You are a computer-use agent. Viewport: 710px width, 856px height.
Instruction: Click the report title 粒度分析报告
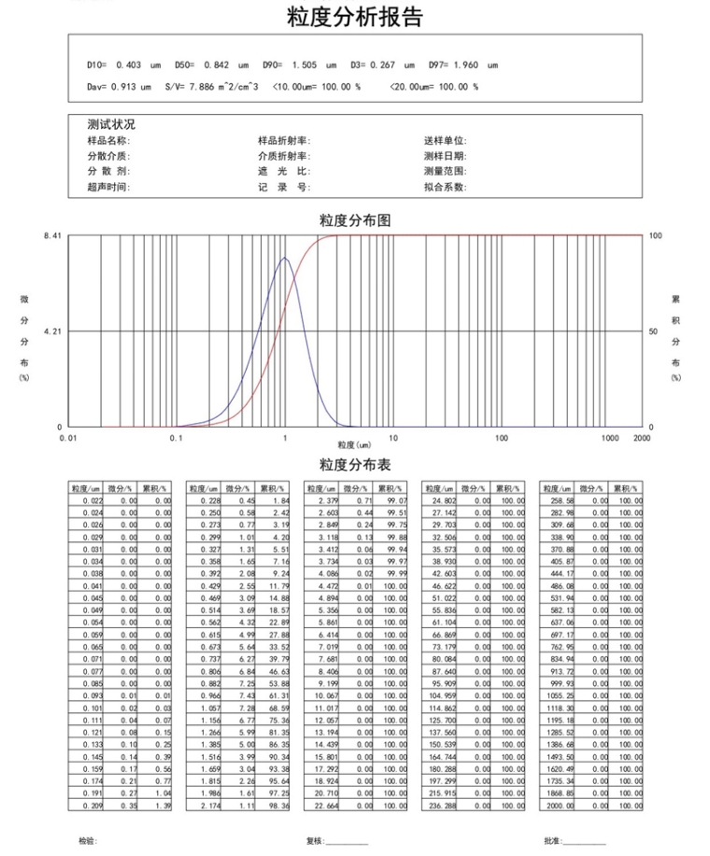pyautogui.click(x=354, y=17)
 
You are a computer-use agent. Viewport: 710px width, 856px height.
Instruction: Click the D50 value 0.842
pyautogui.click(x=217, y=65)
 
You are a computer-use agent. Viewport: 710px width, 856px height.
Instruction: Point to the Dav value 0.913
pyautogui.click(x=123, y=87)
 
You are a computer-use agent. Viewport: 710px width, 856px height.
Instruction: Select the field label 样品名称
pyautogui.click(x=108, y=141)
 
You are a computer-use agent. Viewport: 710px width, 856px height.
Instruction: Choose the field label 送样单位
pyautogui.click(x=444, y=141)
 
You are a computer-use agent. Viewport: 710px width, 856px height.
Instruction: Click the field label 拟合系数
pyautogui.click(x=444, y=188)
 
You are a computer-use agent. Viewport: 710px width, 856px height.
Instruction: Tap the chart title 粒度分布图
pyautogui.click(x=354, y=220)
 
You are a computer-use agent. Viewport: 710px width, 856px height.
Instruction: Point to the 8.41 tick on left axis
pyautogui.click(x=52, y=236)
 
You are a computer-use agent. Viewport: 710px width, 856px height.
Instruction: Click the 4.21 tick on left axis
pyautogui.click(x=52, y=331)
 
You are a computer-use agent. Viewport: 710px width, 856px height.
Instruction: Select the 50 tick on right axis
pyautogui.click(x=653, y=331)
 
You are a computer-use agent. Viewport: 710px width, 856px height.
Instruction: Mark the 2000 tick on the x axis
pyautogui.click(x=642, y=437)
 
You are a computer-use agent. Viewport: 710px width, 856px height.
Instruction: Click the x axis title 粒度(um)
pyautogui.click(x=354, y=445)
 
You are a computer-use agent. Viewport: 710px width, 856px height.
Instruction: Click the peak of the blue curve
pyautogui.click(x=286, y=257)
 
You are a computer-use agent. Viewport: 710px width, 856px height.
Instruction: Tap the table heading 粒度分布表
pyautogui.click(x=354, y=465)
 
